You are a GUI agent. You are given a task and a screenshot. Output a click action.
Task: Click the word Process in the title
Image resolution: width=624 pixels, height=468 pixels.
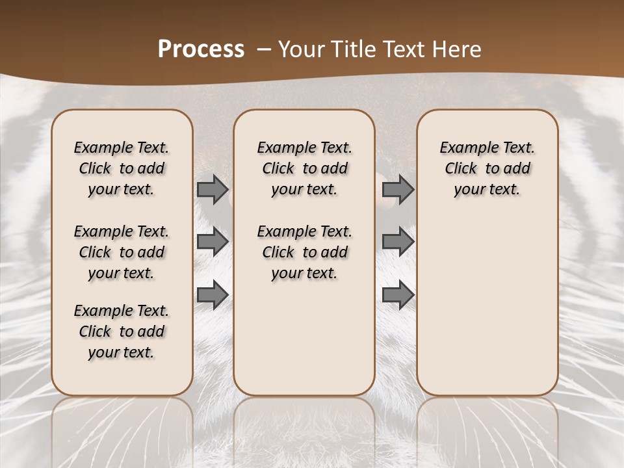[201, 49]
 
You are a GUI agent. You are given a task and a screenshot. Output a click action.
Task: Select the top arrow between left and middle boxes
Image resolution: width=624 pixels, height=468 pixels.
[213, 190]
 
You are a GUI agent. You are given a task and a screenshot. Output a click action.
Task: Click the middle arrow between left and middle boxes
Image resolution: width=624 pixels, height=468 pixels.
[213, 242]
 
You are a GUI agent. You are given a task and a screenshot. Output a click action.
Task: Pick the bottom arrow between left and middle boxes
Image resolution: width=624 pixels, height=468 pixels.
[213, 294]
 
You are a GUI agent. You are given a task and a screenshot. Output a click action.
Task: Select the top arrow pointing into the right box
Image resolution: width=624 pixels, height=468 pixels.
[398, 190]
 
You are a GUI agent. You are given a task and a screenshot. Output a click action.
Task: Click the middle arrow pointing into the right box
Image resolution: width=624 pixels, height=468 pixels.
[398, 242]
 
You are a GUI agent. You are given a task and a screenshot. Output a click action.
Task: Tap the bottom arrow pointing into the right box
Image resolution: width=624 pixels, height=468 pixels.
[398, 294]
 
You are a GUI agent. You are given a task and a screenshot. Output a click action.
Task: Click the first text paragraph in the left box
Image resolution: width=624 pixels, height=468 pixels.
[122, 168]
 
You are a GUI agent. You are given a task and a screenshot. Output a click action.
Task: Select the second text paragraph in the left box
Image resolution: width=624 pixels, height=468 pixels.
[122, 252]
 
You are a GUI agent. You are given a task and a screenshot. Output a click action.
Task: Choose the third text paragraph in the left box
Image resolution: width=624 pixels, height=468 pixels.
[122, 331]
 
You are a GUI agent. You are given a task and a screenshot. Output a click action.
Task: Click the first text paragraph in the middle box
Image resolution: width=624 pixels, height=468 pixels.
[305, 168]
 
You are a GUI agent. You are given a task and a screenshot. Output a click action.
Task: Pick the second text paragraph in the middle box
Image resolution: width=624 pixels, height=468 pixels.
[305, 252]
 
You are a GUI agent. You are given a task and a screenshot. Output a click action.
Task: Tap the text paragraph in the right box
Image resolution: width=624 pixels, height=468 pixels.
[487, 168]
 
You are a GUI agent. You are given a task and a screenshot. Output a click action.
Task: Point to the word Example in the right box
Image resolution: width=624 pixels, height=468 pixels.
[464, 148]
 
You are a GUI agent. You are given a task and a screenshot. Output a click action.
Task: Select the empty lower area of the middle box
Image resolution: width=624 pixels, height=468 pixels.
[305, 338]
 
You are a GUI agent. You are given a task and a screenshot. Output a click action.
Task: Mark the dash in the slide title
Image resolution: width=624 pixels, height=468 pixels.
[263, 49]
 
